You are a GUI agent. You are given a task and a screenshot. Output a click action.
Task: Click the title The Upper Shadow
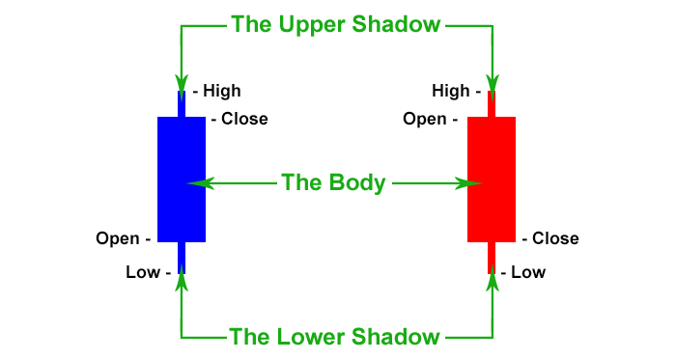(336, 23)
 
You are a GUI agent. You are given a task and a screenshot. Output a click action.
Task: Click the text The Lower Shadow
(334, 337)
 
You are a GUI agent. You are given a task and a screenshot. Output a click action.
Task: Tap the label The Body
(333, 181)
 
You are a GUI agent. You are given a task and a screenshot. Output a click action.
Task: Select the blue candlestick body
(182, 179)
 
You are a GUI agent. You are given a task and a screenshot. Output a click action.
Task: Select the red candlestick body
(492, 179)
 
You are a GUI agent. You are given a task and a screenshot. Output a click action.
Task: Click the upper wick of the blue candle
(182, 103)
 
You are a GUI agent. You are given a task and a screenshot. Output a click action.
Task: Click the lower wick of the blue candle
(182, 257)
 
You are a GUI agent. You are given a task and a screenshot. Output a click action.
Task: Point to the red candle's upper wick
(492, 103)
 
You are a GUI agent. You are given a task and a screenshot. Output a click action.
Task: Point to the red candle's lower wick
(492, 257)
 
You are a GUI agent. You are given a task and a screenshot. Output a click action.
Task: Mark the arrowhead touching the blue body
(196, 181)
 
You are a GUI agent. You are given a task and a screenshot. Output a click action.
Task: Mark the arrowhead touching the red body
(476, 181)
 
